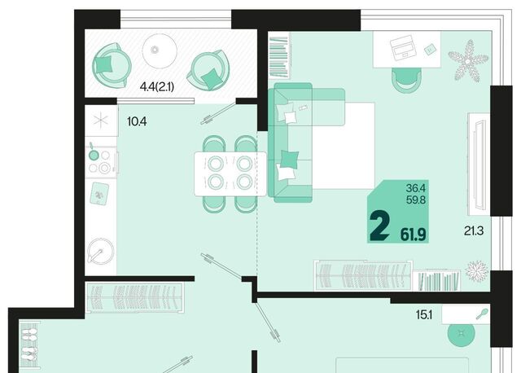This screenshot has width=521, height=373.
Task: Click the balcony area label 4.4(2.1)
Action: (x=157, y=87)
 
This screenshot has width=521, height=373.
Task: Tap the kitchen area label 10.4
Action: (x=137, y=121)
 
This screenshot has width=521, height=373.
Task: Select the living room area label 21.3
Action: (x=474, y=230)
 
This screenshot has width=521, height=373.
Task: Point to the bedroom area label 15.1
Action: (x=424, y=314)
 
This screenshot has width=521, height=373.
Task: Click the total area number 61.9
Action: (x=413, y=235)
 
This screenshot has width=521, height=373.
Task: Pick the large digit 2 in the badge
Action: (x=379, y=226)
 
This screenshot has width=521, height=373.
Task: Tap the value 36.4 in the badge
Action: (x=415, y=188)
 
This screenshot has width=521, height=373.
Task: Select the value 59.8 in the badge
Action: (x=416, y=200)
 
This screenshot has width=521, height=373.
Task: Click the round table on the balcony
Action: (x=160, y=50)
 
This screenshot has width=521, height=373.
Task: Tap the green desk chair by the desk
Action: (x=406, y=80)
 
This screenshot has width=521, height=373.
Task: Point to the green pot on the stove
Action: (x=94, y=154)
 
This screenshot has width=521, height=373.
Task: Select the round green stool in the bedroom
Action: (x=462, y=333)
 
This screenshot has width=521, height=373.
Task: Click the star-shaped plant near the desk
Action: (x=468, y=61)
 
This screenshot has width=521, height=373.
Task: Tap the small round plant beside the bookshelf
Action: (x=477, y=270)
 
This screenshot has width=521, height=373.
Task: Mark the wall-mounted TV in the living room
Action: (x=479, y=165)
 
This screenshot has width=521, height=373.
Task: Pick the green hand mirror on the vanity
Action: (x=482, y=314)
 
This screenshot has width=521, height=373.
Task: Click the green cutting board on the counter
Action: (x=99, y=194)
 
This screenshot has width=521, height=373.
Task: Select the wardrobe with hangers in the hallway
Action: (x=135, y=297)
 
